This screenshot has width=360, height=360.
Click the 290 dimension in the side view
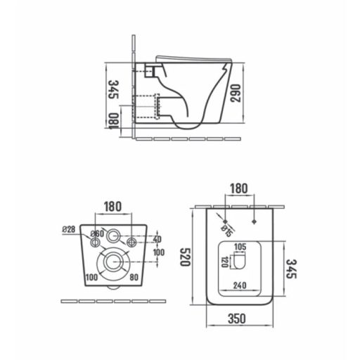(236, 93)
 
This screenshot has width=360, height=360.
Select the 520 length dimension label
(185, 257)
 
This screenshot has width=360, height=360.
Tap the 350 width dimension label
(237, 319)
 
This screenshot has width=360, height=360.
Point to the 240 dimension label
(240, 285)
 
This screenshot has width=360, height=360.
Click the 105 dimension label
(240, 247)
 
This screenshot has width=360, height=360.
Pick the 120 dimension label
(224, 262)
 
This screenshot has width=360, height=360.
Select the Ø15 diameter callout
(226, 231)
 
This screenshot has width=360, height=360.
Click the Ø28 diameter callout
(69, 229)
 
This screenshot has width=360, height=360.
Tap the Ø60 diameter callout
(97, 233)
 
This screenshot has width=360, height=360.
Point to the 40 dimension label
(157, 239)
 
